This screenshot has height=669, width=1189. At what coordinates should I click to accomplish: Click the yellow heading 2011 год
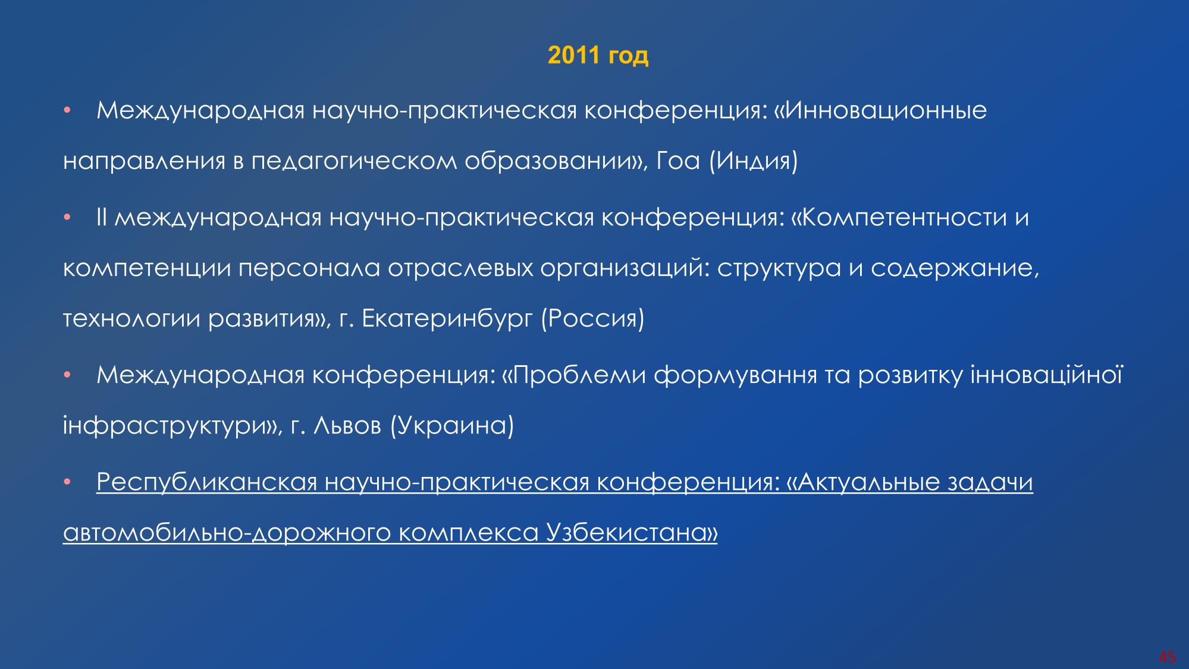click(598, 55)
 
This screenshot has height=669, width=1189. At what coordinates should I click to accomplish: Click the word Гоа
click(677, 162)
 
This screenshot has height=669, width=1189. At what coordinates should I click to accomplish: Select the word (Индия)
click(753, 162)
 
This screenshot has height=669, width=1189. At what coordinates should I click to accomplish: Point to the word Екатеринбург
click(447, 320)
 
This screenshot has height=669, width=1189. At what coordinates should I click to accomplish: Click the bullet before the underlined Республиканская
click(67, 481)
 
